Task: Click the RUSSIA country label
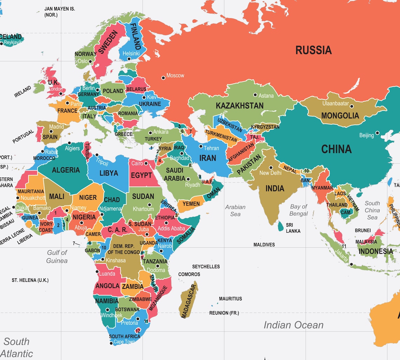(313, 50)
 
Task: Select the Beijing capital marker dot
(377, 133)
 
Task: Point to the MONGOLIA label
(340, 116)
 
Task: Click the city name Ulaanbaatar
(335, 104)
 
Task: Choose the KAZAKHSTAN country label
(239, 106)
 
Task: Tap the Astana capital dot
(255, 95)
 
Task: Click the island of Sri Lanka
(280, 227)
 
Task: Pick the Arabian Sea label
(235, 211)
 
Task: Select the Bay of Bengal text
(299, 210)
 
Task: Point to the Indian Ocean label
(293, 325)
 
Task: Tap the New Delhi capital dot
(271, 168)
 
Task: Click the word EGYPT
(142, 175)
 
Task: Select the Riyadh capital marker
(188, 179)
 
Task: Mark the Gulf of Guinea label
(57, 256)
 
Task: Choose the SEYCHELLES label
(206, 267)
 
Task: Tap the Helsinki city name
(131, 54)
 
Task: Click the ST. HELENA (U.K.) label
(30, 280)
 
